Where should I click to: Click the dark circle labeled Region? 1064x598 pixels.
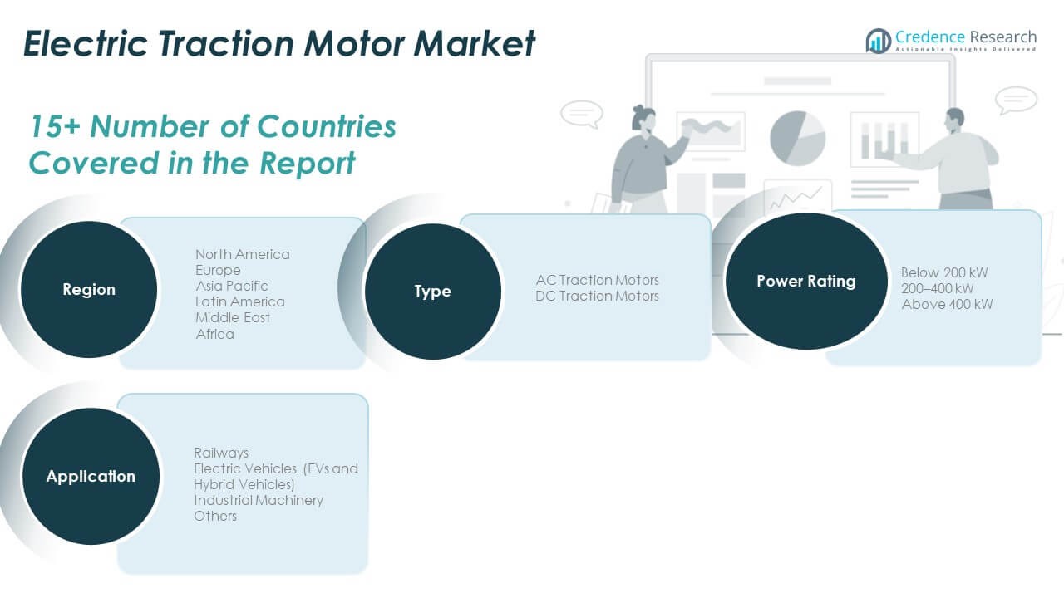coord(89,289)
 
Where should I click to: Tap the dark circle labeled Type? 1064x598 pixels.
coord(432,291)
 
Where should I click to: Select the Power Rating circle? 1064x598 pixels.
coord(805,281)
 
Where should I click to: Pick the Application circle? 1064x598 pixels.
coord(91,476)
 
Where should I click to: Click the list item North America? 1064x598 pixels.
coord(243,254)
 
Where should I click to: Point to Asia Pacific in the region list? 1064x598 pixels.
coord(232,286)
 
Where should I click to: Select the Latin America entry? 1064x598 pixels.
coord(240,301)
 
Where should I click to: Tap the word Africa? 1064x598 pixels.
coord(214,334)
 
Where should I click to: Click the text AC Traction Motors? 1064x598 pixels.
coord(597,280)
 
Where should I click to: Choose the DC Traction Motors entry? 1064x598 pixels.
coord(597,296)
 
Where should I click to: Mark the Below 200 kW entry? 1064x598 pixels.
coord(944,272)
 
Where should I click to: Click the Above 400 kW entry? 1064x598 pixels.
coord(947,304)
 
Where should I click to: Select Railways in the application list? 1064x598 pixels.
coord(221,453)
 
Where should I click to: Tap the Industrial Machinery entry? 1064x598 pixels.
coord(259,500)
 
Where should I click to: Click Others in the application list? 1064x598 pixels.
coord(215,516)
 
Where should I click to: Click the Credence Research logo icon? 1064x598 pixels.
coord(878,41)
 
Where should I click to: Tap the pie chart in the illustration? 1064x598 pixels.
coord(797,138)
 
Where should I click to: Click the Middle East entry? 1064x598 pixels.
coord(233,317)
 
